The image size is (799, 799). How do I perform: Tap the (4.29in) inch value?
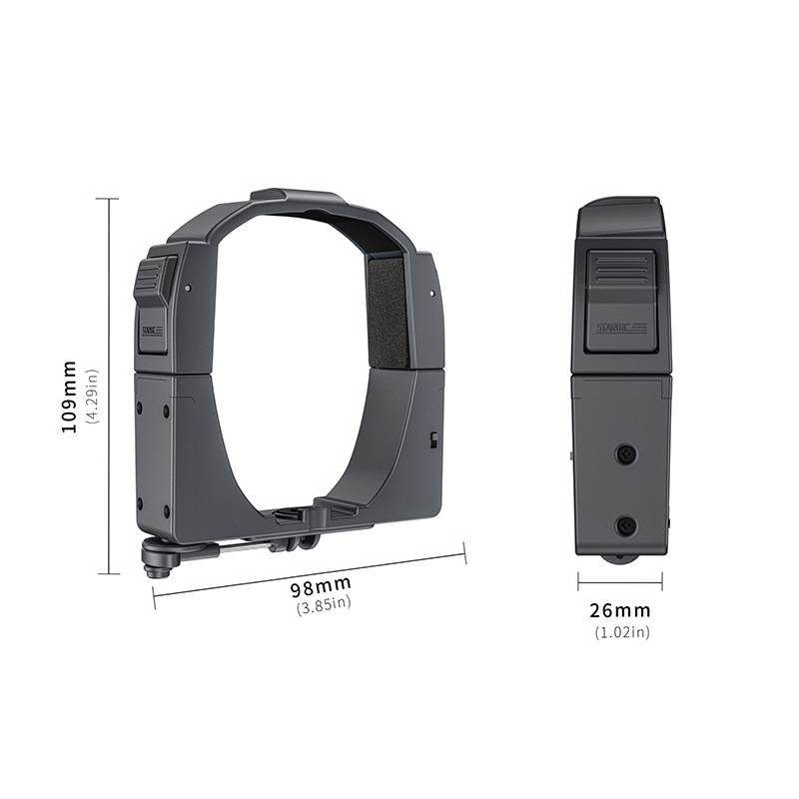pos(92,397)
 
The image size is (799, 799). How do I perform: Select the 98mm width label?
pos(322,584)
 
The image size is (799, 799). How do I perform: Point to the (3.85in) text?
pos(324,603)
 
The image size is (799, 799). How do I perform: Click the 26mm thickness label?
pos(621,610)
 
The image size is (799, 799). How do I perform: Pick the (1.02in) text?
pos(621,631)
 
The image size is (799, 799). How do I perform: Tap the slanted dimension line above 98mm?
pos(310,568)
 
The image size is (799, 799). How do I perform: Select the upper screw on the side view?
pos(626,454)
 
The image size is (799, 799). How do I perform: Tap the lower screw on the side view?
pos(626,524)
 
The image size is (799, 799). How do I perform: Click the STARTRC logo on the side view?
pos(620,328)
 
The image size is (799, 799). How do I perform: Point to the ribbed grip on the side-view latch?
pos(619,270)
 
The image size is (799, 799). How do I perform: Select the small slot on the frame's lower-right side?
pos(433,439)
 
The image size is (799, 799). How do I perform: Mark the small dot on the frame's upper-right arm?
pos(430,295)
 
